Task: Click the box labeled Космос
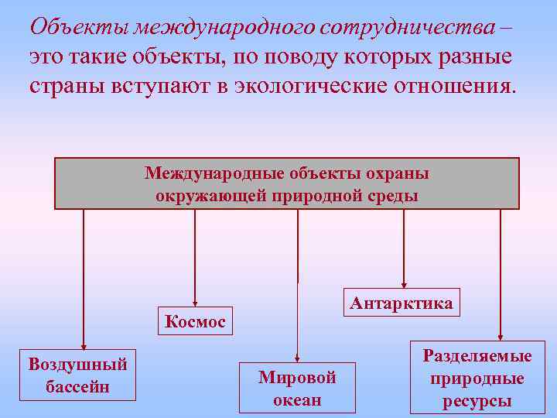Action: click(x=195, y=320)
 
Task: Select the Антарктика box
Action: click(x=401, y=303)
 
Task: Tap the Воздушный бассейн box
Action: click(x=77, y=375)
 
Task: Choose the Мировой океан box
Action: click(x=297, y=388)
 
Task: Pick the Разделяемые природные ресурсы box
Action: click(x=477, y=379)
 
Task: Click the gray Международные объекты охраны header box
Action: click(x=286, y=184)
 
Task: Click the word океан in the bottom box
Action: click(x=297, y=399)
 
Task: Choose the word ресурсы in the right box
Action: click(x=477, y=401)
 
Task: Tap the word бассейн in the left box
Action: click(x=77, y=386)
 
